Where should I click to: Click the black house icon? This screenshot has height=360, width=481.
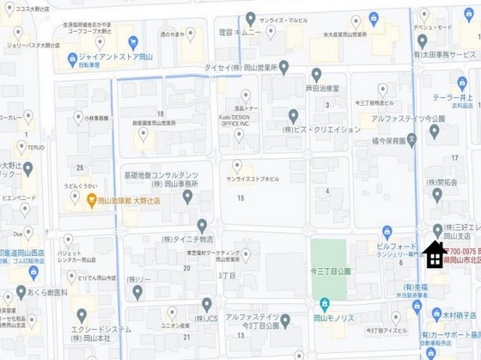pyautogui.click(x=435, y=254)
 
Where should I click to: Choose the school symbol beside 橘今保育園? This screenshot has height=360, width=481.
pyautogui.click(x=412, y=137)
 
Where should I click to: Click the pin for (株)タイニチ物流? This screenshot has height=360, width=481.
pyautogui.click(x=202, y=225)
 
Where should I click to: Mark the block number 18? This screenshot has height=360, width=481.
pyautogui.click(x=161, y=113)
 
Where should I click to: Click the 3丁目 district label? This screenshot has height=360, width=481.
pyautogui.click(x=227, y=275)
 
